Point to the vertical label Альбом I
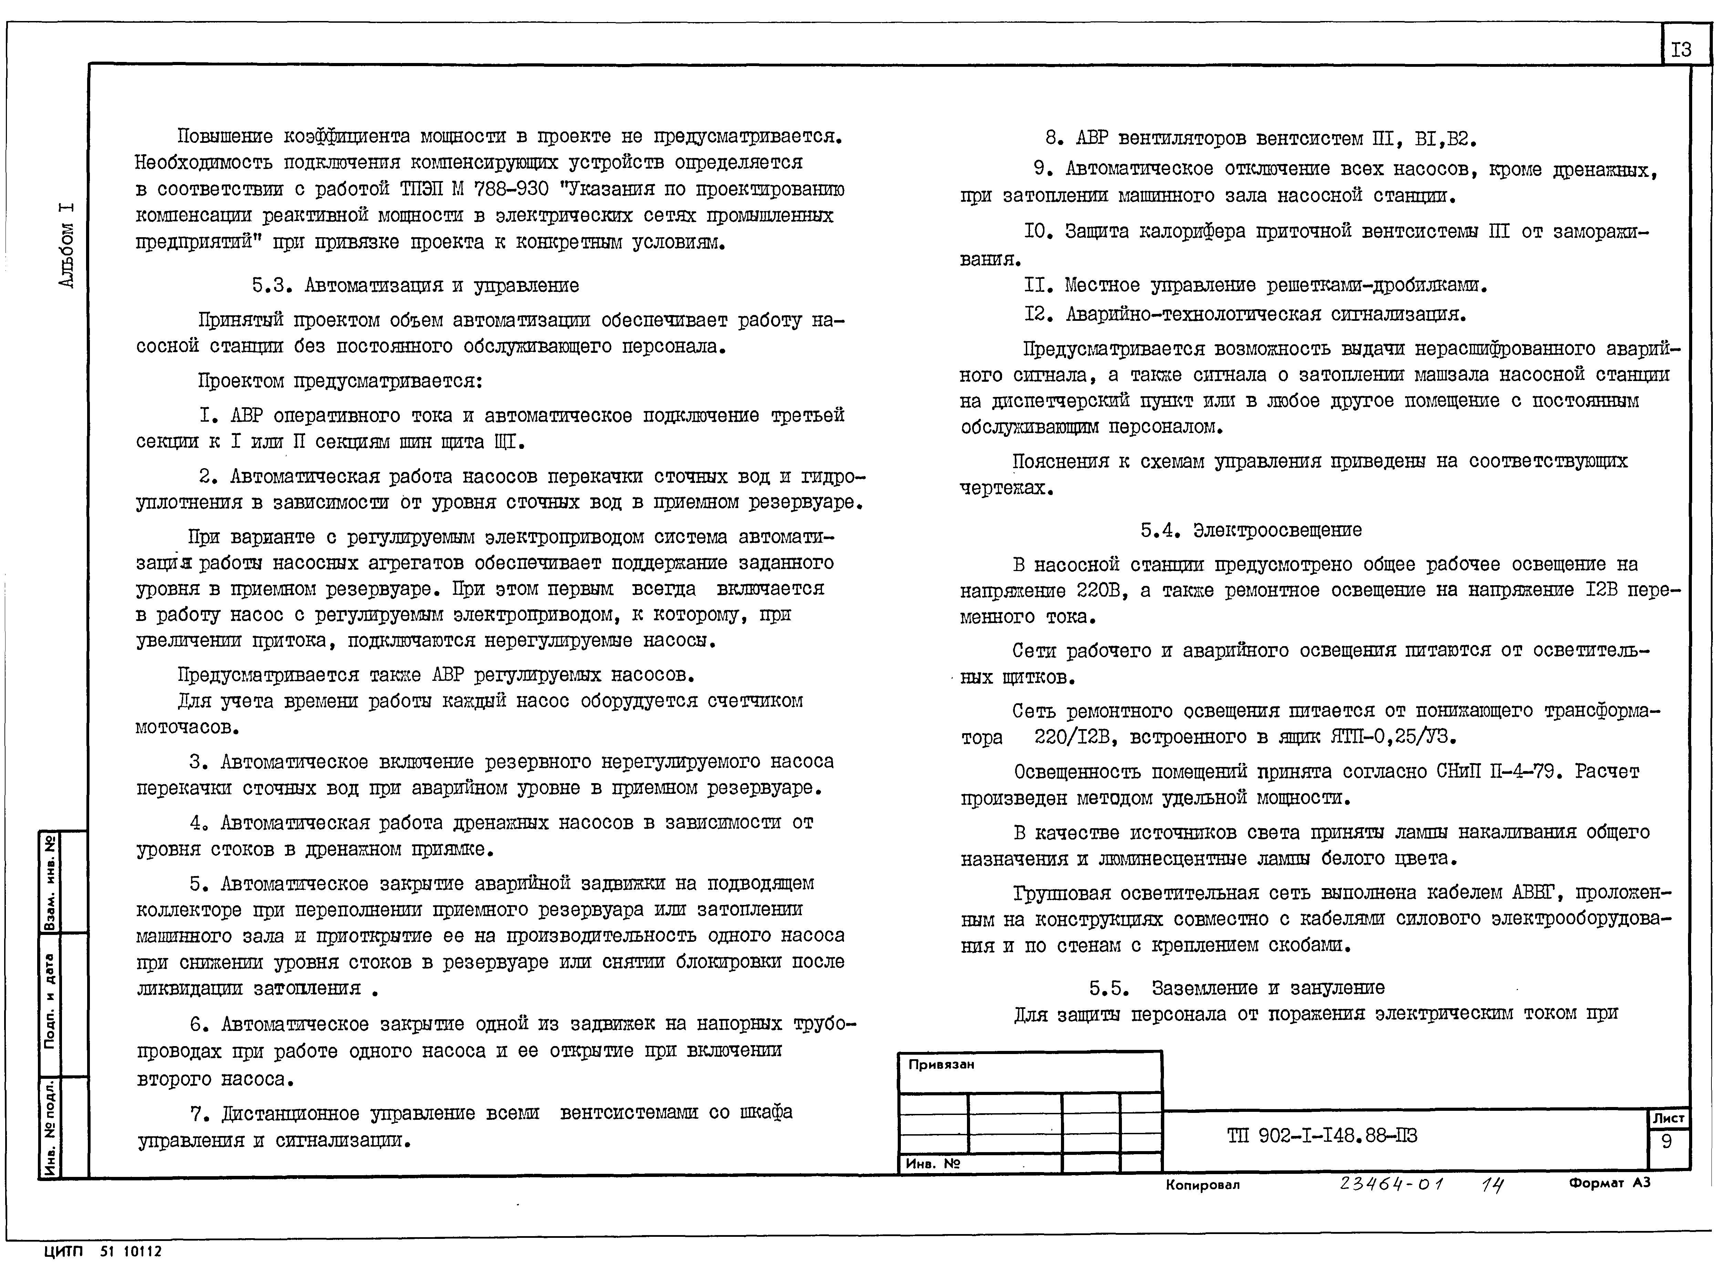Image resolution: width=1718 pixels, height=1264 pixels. (x=67, y=245)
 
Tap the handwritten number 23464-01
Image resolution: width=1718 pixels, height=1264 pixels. (x=1391, y=1184)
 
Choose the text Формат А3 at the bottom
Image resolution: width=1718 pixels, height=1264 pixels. (x=1609, y=1183)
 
